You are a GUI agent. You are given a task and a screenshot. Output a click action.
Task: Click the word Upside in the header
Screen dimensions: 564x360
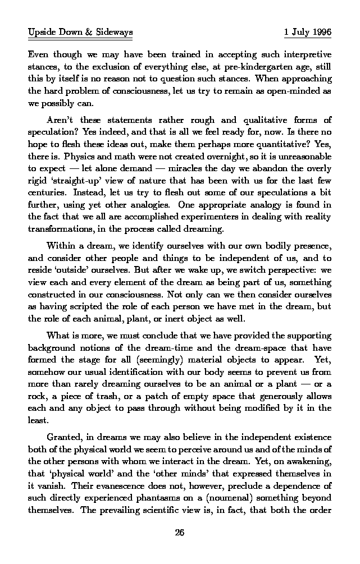(x=41, y=33)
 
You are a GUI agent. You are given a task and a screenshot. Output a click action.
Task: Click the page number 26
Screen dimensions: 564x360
(x=180, y=533)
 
